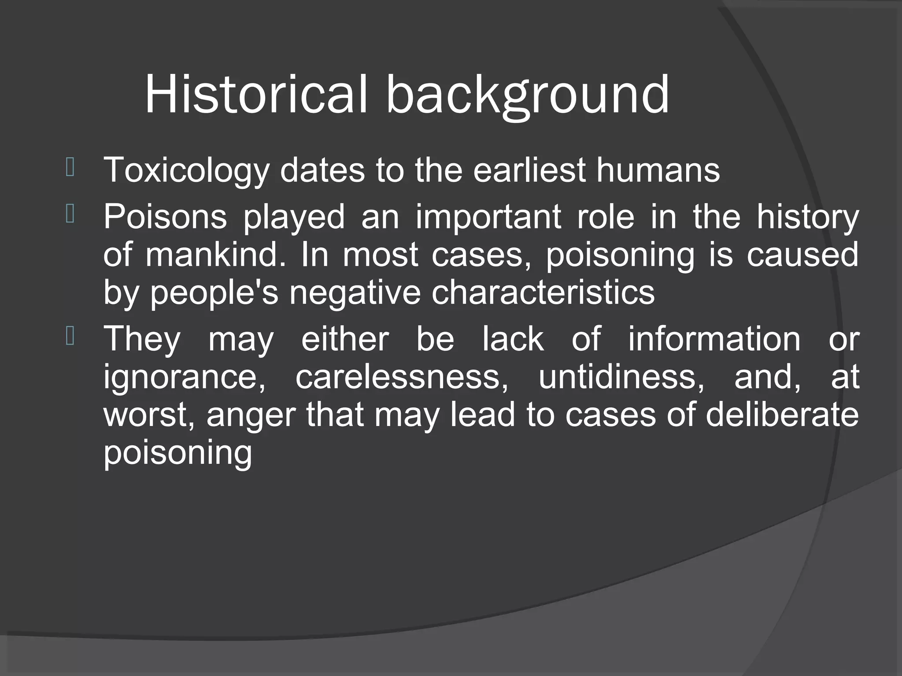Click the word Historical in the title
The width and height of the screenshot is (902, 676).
(255, 95)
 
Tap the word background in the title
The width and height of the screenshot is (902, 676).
(527, 95)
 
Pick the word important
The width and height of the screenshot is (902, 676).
(488, 217)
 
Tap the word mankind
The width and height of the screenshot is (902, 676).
(215, 254)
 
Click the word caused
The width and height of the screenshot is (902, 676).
(802, 254)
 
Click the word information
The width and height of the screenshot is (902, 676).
(714, 339)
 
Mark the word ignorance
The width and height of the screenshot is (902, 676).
(185, 377)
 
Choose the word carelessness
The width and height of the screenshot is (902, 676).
(402, 377)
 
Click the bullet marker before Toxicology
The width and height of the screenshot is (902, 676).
(70, 168)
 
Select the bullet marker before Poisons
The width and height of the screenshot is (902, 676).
(70, 214)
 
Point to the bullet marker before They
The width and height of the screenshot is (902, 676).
(70, 337)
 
